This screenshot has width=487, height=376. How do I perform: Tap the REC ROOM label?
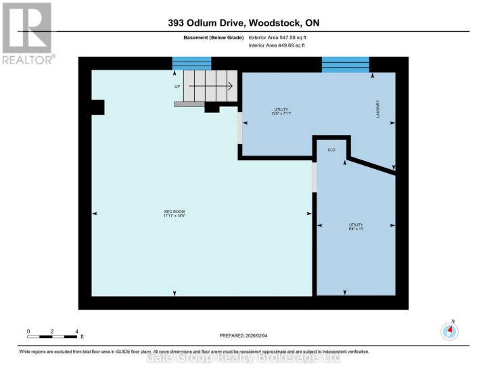174,214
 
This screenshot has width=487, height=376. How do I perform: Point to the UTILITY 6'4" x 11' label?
356,226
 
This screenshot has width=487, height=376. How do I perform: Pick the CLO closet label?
331,149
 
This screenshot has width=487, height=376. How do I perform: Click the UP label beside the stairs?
177,87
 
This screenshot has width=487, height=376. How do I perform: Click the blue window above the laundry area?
345,64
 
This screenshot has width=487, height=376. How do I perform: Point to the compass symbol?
450,331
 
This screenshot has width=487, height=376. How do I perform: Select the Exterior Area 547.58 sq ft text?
273,37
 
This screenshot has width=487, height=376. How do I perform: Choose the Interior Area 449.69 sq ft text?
273,45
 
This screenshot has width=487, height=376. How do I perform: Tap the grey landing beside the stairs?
189,105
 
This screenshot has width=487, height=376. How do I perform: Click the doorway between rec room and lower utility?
314,177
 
